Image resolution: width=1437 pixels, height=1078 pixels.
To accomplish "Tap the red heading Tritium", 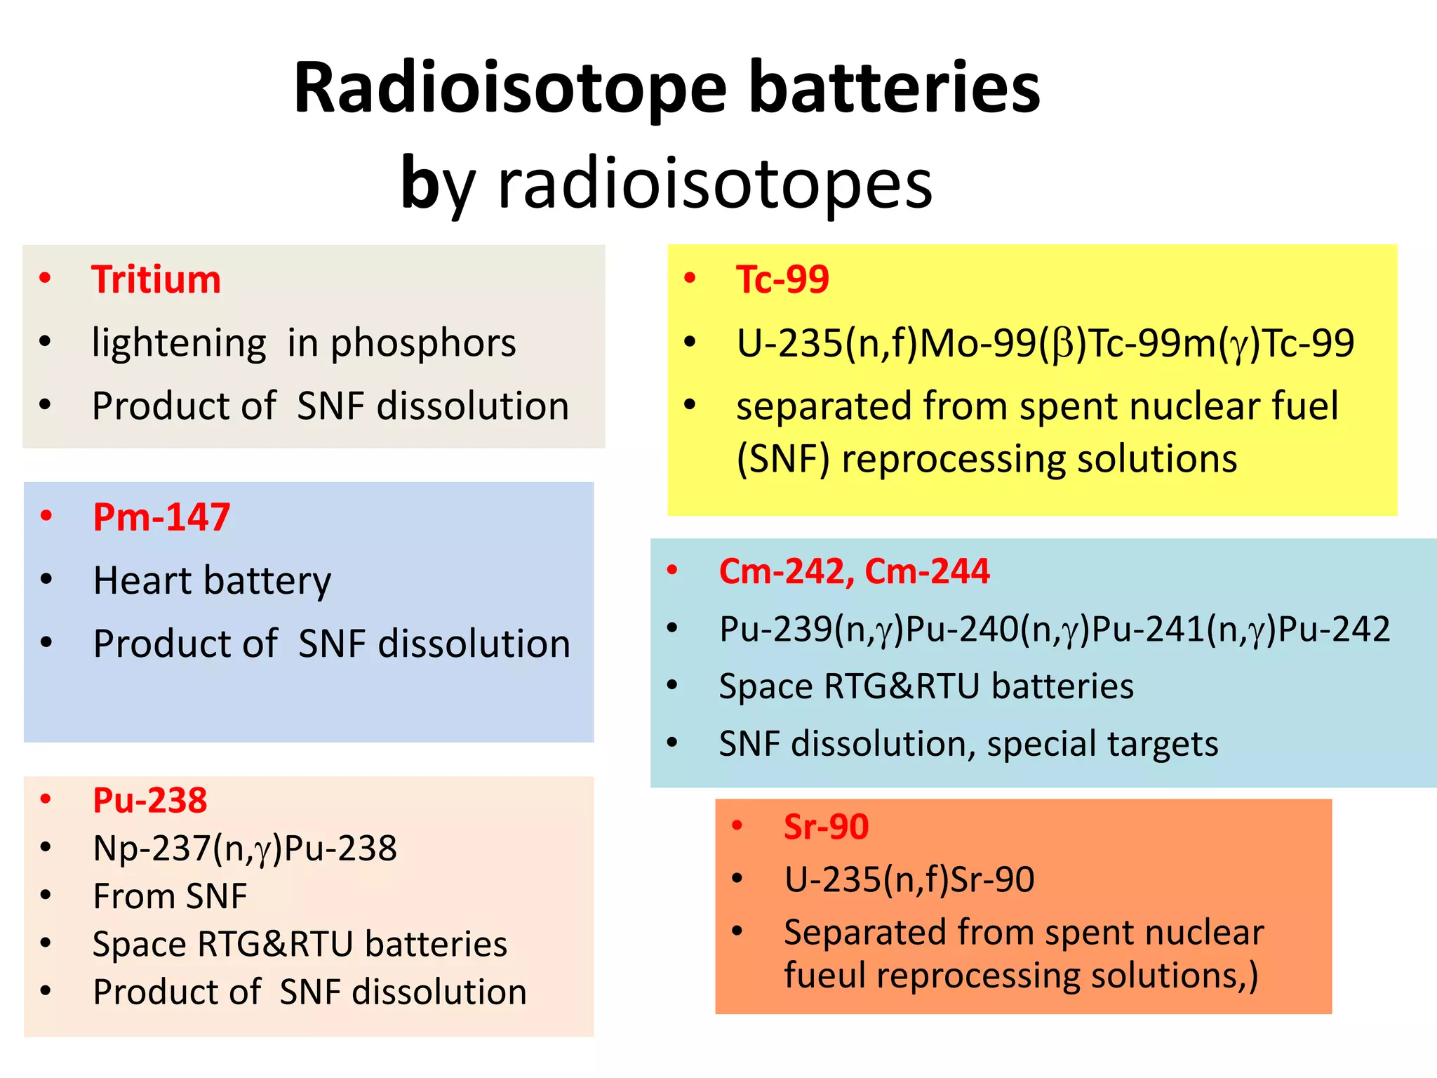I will click(x=156, y=279).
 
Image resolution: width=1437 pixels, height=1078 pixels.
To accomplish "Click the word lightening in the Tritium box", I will click(x=179, y=343).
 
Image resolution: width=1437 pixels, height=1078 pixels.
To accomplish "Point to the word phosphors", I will click(x=423, y=343).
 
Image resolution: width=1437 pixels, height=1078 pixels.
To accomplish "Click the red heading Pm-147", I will click(x=161, y=517).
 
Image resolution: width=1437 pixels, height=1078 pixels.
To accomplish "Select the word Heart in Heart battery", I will click(x=143, y=580).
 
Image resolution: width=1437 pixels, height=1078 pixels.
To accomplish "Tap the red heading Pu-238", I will click(x=149, y=800).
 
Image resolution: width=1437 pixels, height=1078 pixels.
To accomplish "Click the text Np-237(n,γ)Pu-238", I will click(x=245, y=848).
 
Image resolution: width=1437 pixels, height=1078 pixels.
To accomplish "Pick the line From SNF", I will click(x=170, y=896).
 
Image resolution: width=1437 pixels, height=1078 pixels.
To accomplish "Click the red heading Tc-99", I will click(x=782, y=279).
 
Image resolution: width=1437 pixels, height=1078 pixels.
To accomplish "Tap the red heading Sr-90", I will click(x=826, y=827).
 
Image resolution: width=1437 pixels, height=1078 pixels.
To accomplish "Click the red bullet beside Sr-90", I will click(x=737, y=825).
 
